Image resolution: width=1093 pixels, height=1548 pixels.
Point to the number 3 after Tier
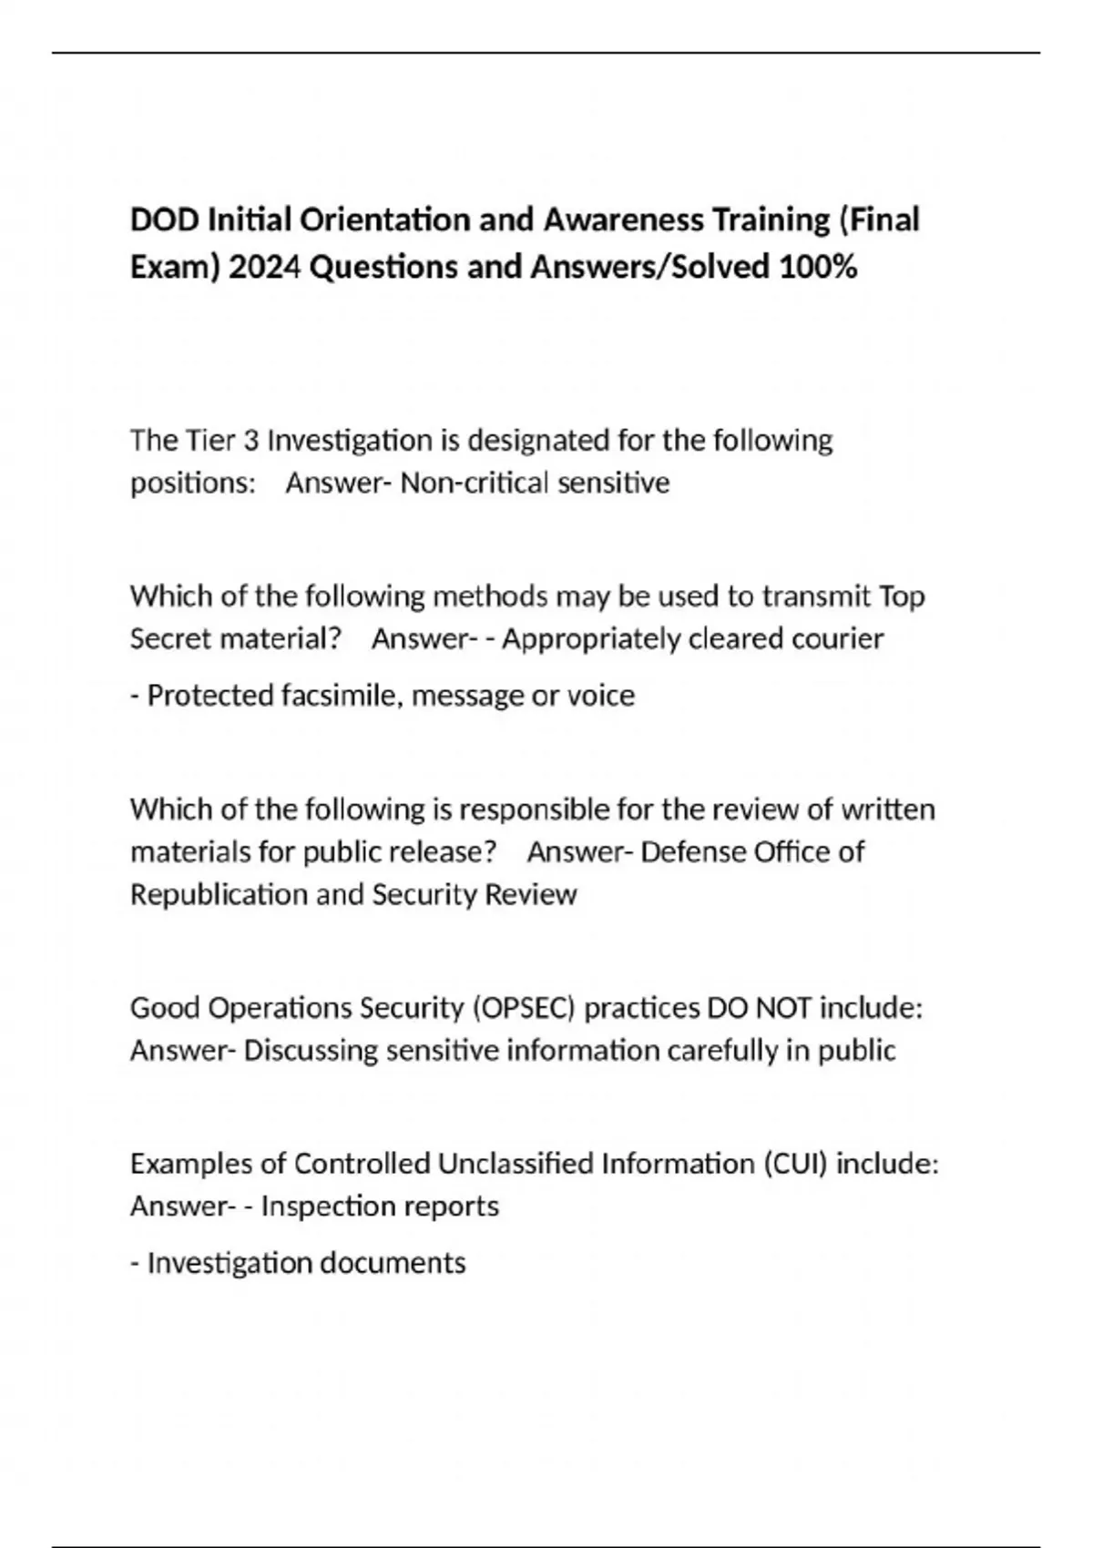[250, 441]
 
